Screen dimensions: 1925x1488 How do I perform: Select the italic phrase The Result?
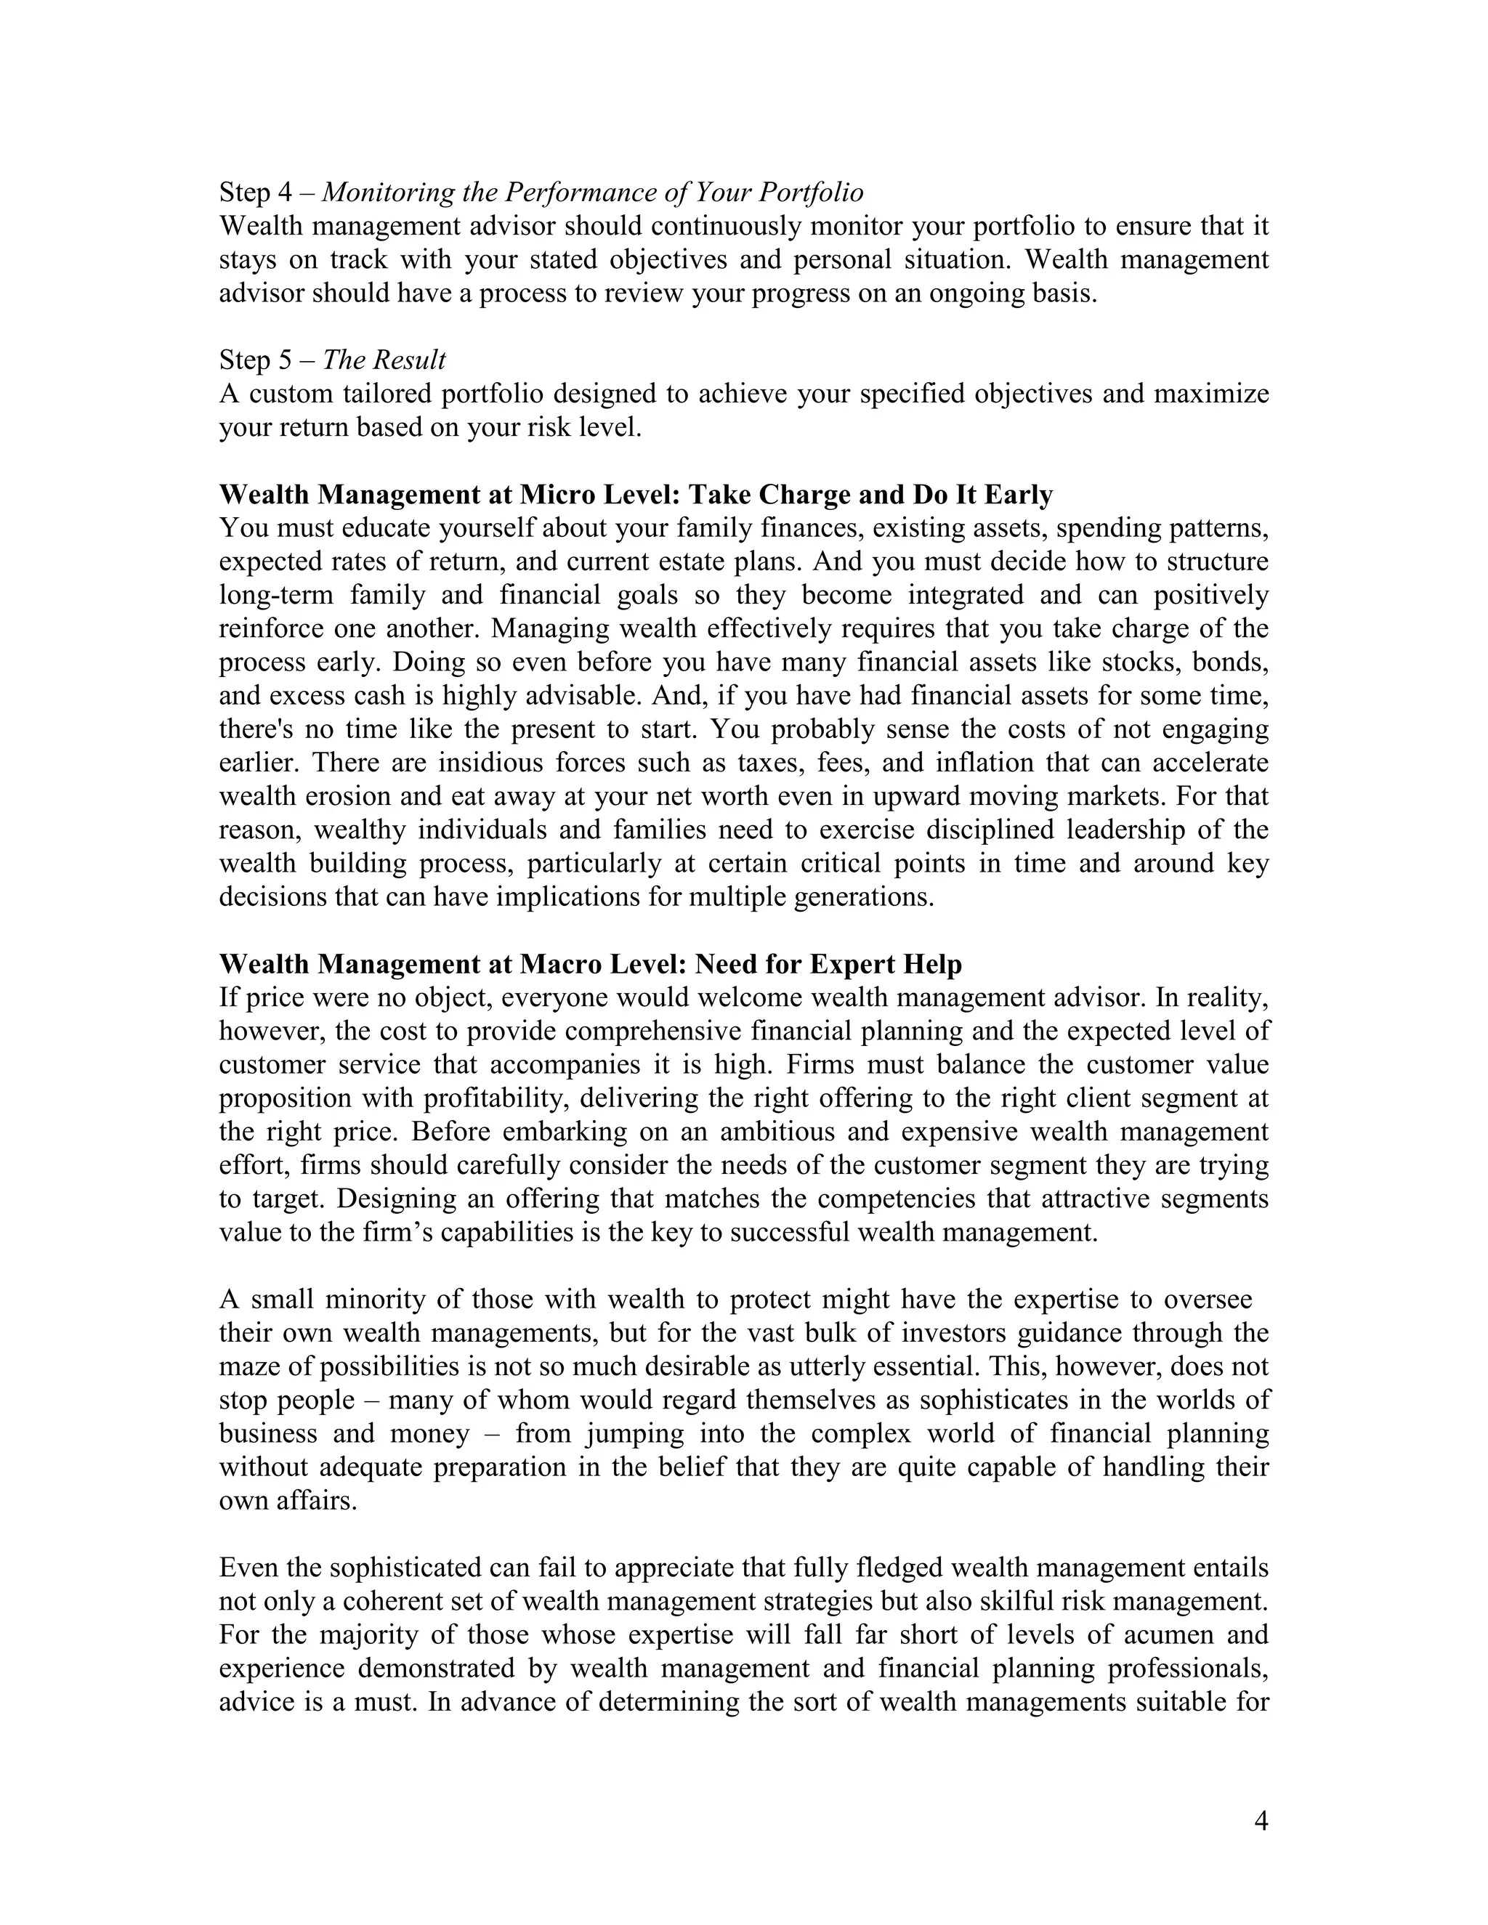click(x=384, y=360)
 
